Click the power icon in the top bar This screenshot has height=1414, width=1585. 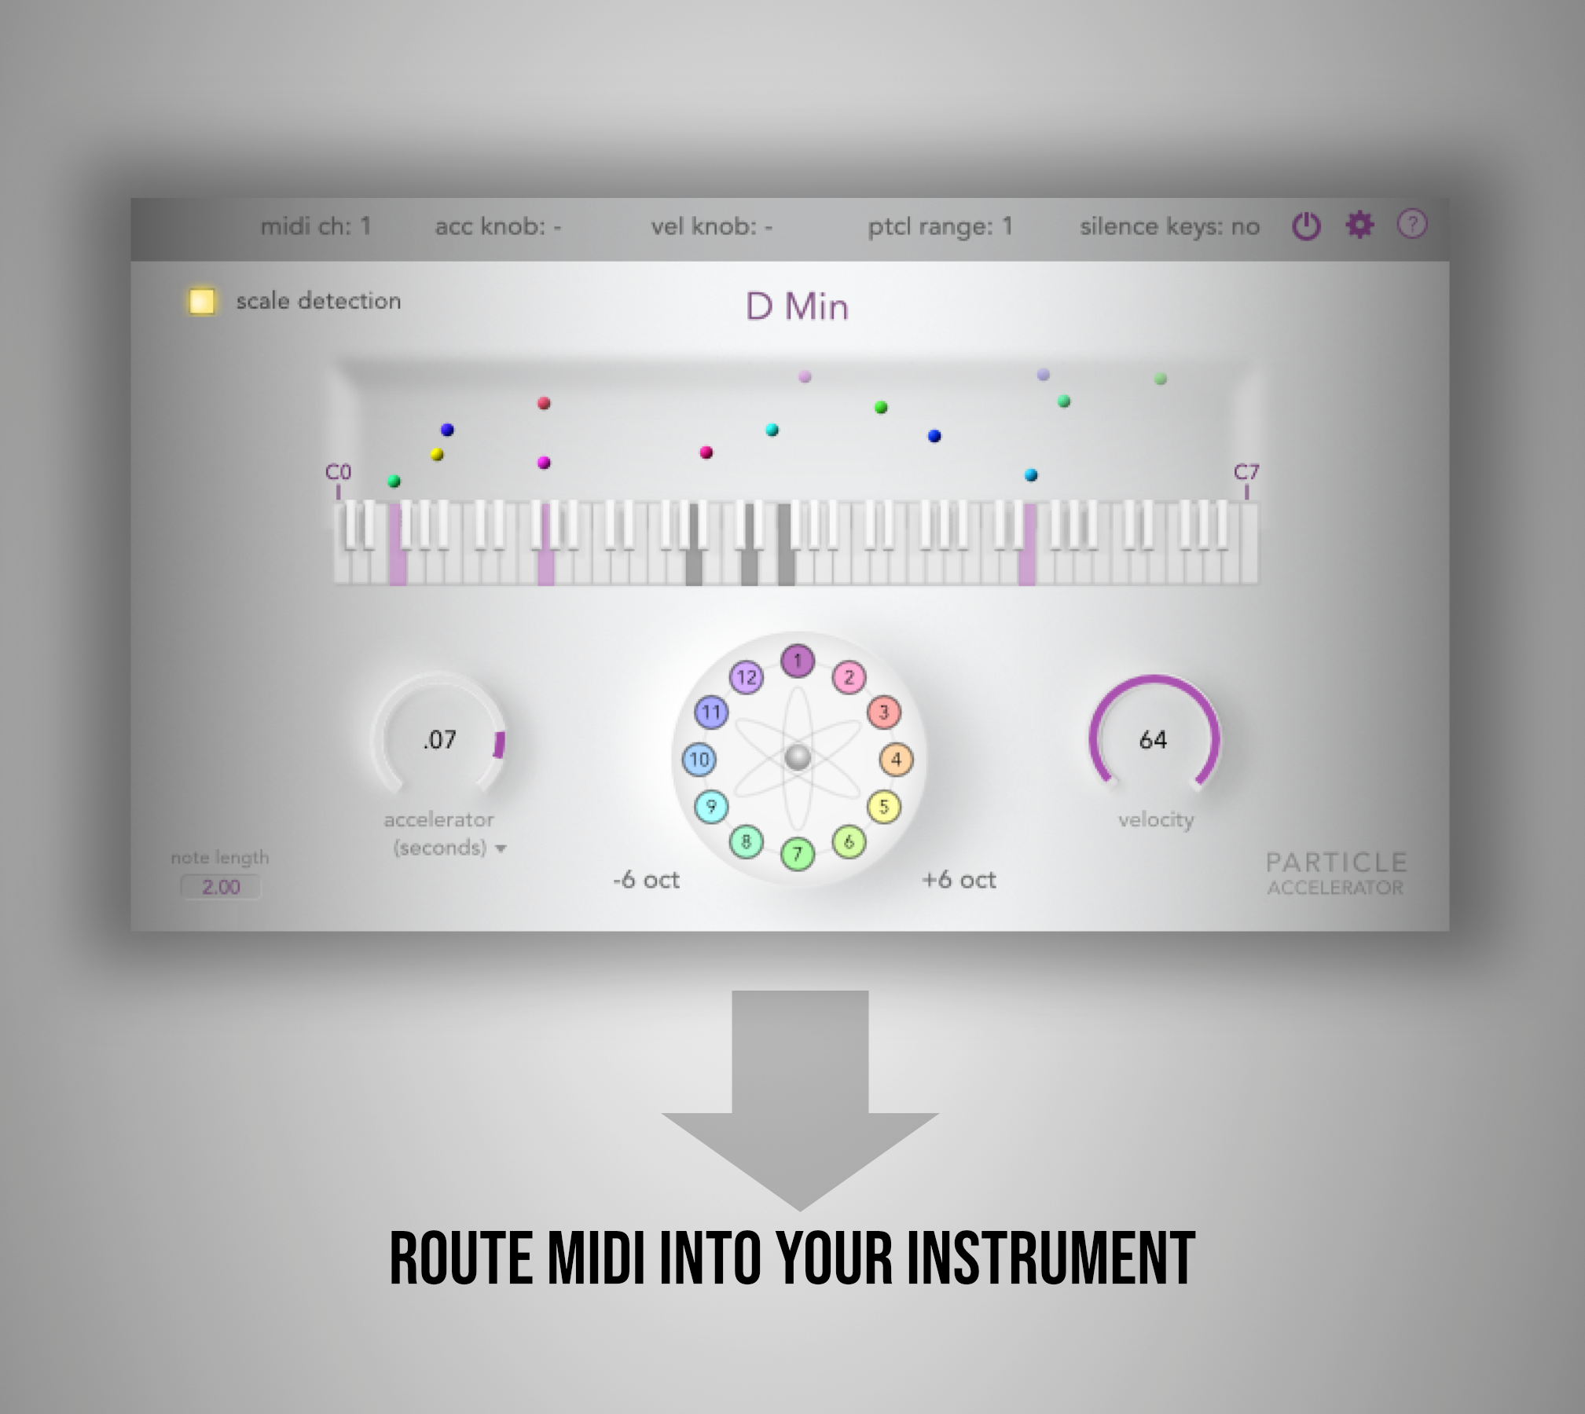click(x=1306, y=227)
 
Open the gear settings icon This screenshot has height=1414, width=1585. click(x=1359, y=225)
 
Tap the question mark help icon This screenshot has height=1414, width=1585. click(x=1411, y=225)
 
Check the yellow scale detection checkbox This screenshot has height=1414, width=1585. click(x=201, y=302)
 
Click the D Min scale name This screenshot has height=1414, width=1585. click(x=797, y=306)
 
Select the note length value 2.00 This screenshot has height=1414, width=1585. click(x=221, y=887)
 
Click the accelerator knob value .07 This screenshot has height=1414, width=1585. click(x=439, y=739)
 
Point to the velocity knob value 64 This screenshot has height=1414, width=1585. click(x=1153, y=739)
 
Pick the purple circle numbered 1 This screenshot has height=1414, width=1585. click(x=798, y=661)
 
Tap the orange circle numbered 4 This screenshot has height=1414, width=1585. click(x=896, y=760)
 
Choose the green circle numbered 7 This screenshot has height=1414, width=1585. click(x=798, y=853)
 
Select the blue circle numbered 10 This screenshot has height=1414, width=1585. click(x=699, y=760)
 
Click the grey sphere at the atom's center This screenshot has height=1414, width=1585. click(x=798, y=758)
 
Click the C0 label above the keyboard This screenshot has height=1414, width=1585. click(x=338, y=472)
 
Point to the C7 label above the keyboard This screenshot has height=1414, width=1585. click(x=1246, y=472)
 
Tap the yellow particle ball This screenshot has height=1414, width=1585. click(x=438, y=454)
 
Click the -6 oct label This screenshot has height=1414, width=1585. click(x=646, y=880)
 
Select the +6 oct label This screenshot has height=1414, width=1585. click(x=959, y=880)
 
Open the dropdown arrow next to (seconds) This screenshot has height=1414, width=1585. click(x=501, y=849)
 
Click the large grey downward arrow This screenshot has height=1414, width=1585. click(x=800, y=1100)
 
